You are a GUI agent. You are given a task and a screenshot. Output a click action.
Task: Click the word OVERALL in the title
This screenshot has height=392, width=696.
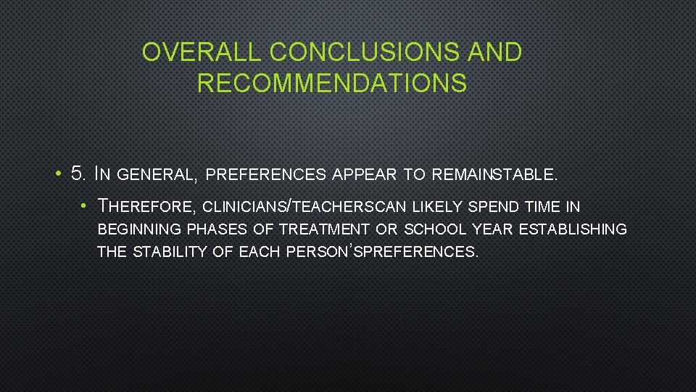pos(202,52)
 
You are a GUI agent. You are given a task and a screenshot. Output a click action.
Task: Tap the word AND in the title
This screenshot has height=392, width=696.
pos(494,52)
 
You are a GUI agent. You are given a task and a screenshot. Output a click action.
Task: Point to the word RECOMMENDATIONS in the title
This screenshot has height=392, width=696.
pos(331,83)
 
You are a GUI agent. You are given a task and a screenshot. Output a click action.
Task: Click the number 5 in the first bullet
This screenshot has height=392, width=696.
pos(78,174)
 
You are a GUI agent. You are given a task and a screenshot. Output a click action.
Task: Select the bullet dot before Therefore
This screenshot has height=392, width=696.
pos(84,207)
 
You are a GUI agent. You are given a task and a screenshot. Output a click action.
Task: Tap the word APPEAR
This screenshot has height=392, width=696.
pos(364,175)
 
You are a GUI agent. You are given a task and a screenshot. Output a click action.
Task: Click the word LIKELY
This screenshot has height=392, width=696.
pos(439,207)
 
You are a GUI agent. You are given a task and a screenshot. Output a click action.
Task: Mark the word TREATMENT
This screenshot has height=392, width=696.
pos(324,230)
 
